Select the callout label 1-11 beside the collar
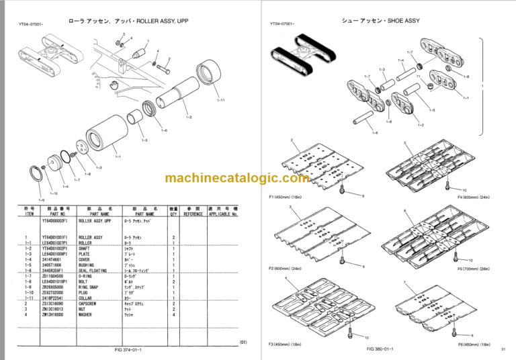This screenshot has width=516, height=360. point(221,100)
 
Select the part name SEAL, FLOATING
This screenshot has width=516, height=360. point(95,270)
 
